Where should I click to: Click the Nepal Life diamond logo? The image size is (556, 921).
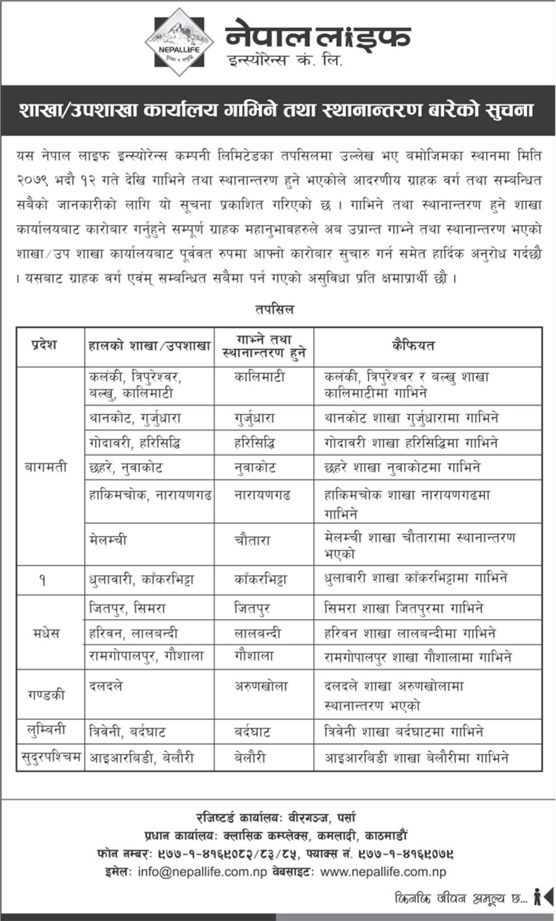(179, 42)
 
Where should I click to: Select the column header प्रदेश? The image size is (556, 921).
(44, 345)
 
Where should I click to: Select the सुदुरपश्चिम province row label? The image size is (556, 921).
(50, 757)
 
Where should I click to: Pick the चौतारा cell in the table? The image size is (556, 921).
(252, 540)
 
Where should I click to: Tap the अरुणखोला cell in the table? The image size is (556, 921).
(261, 686)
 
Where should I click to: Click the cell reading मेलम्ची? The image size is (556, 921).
(108, 540)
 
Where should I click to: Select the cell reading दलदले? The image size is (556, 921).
(106, 686)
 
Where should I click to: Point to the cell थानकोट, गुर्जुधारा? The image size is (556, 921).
(135, 418)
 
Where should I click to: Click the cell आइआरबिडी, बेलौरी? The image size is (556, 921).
(141, 757)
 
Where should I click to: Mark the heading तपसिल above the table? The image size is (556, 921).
(274, 310)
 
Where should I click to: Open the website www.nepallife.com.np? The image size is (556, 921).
(383, 872)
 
